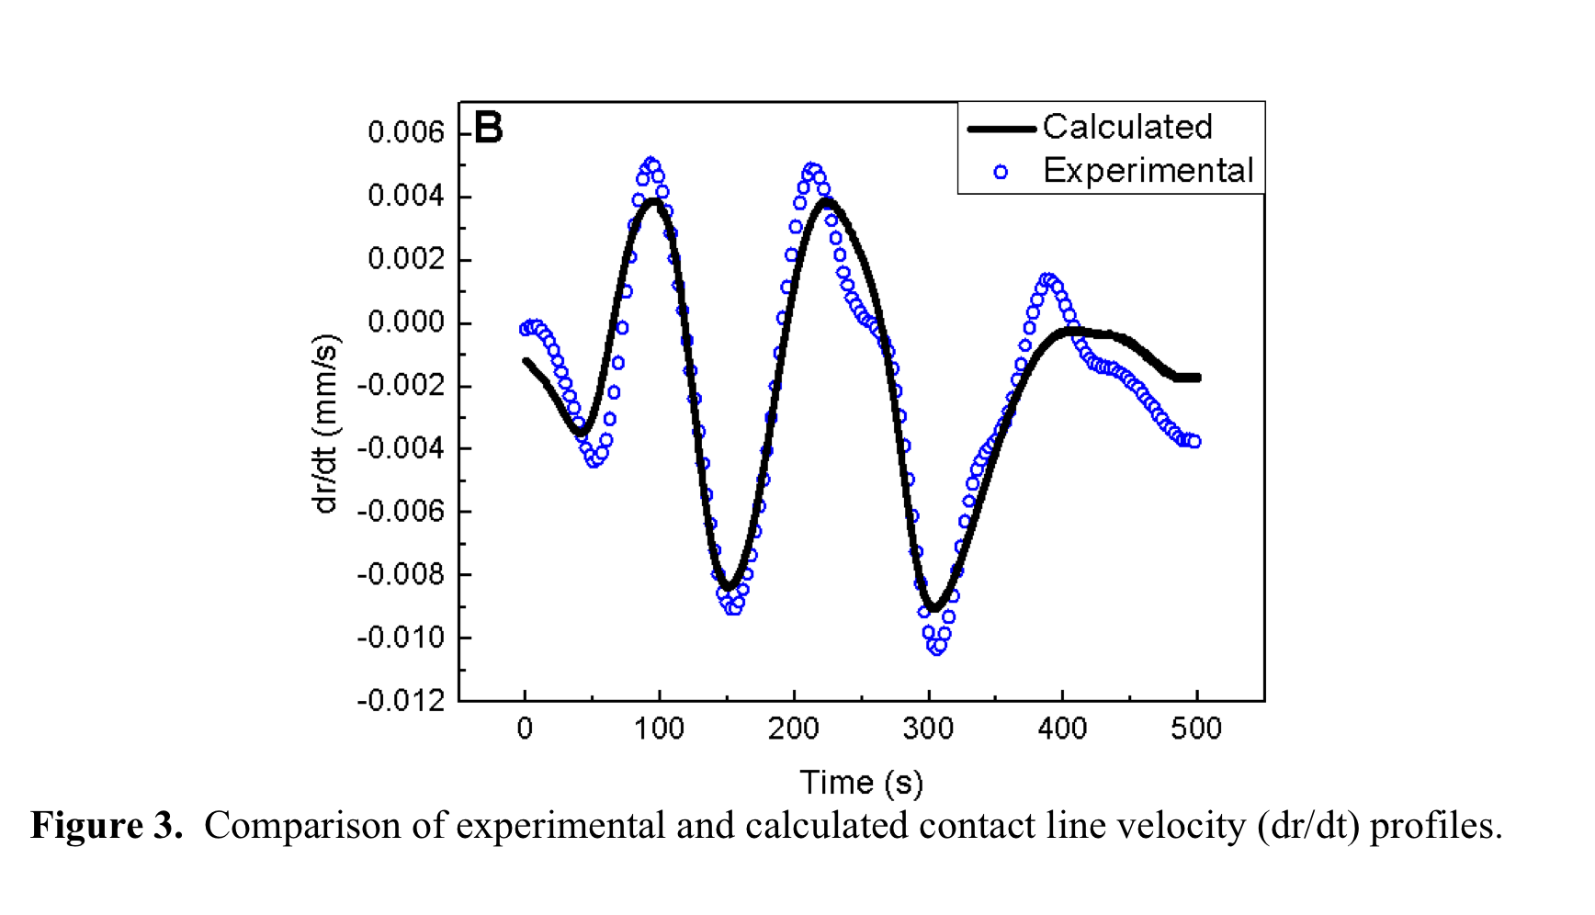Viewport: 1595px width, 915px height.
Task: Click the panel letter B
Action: [488, 128]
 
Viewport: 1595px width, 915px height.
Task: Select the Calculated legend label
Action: [1127, 127]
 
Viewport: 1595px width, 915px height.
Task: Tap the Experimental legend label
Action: [1148, 171]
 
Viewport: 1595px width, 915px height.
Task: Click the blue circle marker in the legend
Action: [1001, 172]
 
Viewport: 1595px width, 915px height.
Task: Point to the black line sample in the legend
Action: [1002, 129]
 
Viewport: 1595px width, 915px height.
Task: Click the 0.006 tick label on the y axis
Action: [405, 132]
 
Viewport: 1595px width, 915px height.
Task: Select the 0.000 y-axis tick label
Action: [405, 322]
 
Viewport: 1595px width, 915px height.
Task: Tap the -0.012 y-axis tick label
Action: [401, 701]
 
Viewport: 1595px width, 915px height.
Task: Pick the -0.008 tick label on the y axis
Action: [401, 575]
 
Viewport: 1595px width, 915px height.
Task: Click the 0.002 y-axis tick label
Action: [405, 259]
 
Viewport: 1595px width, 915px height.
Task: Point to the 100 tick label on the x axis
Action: [659, 729]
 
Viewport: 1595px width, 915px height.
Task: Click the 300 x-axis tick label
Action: [928, 729]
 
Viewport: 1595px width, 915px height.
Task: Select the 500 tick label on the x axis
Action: [1196, 729]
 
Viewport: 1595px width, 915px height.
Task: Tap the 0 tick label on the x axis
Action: [525, 729]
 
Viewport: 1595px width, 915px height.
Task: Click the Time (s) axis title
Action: [861, 783]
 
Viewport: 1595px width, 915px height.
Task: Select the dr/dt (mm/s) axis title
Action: [325, 424]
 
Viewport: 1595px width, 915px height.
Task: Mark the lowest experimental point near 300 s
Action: [936, 648]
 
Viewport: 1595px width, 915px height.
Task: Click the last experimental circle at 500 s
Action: [1193, 442]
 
